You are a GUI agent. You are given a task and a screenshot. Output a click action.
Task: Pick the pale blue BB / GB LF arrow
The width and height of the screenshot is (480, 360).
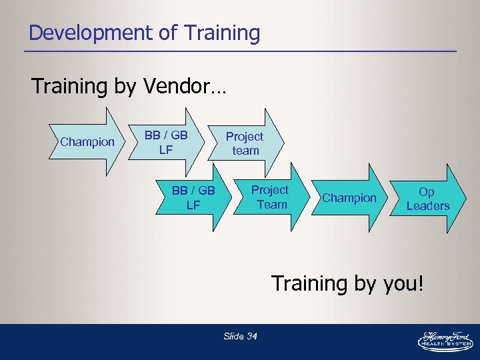pyautogui.click(x=166, y=143)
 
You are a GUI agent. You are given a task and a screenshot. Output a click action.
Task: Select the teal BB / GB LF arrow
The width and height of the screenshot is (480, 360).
pyautogui.click(x=193, y=198)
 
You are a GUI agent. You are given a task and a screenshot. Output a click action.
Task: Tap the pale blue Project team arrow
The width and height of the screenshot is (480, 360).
pyautogui.click(x=245, y=143)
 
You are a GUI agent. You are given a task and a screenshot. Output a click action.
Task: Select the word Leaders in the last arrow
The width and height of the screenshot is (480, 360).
pyautogui.click(x=428, y=206)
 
